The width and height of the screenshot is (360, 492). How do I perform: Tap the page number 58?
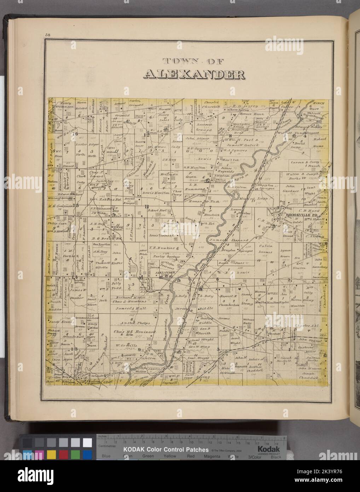coord(48,34)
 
